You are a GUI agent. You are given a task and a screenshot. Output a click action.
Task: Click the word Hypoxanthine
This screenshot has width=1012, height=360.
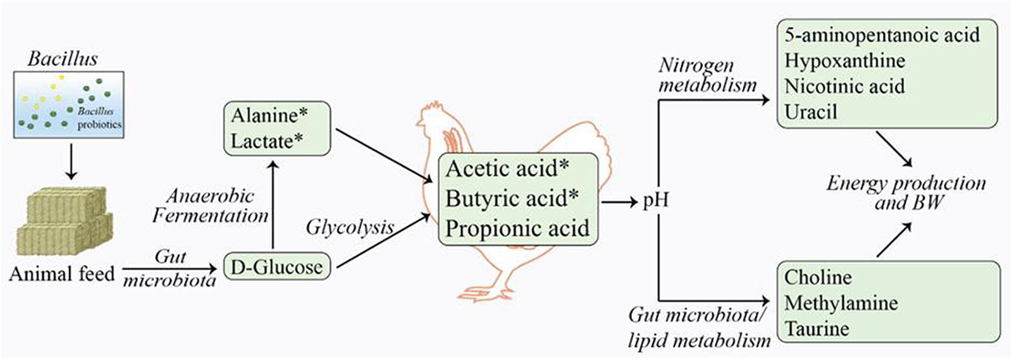(x=844, y=61)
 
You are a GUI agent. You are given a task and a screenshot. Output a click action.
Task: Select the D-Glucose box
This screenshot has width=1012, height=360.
(x=276, y=267)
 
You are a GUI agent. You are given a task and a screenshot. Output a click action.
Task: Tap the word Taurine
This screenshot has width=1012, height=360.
(x=816, y=328)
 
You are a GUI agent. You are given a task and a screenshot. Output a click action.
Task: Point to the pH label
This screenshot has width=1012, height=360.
(x=655, y=201)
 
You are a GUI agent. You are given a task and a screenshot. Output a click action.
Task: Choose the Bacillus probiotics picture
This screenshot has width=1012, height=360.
(x=68, y=104)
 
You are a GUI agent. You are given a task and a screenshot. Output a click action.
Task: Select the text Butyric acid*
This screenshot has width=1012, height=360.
(x=512, y=199)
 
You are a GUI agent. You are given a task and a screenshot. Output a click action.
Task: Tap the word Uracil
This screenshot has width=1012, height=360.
(x=810, y=112)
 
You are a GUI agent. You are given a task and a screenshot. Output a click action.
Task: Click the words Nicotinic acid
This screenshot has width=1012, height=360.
(x=844, y=86)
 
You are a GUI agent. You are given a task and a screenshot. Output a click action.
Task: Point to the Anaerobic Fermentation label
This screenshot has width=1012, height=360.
(x=210, y=206)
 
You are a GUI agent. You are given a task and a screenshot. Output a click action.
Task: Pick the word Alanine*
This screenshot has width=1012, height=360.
(x=269, y=115)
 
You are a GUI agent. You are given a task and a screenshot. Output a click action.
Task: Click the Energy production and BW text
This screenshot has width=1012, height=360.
(x=906, y=192)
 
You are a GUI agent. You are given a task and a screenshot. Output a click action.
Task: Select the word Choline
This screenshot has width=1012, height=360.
(x=818, y=277)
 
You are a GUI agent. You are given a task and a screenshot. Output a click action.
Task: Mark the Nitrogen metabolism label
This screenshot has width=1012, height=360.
(x=707, y=75)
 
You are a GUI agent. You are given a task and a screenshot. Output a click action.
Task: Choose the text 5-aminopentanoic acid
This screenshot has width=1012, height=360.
(x=882, y=35)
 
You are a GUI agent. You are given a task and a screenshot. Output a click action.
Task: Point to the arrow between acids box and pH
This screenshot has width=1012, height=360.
(x=619, y=202)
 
